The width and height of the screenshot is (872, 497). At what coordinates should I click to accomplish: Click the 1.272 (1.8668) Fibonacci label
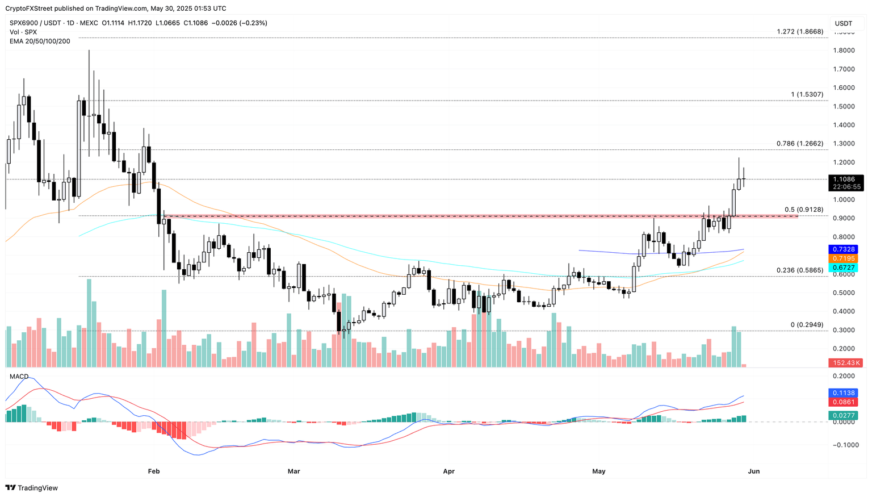tap(799, 32)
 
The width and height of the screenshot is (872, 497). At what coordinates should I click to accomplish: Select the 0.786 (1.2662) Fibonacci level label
tap(799, 144)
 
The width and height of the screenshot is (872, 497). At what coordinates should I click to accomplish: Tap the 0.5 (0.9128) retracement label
tap(803, 210)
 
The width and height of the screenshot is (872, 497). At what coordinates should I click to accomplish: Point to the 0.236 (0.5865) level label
tap(799, 270)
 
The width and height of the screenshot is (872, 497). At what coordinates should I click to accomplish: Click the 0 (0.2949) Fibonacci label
tap(806, 325)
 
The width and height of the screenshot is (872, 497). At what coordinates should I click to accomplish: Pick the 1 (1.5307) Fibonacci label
tap(807, 94)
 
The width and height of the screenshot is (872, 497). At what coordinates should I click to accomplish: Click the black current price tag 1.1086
tap(848, 179)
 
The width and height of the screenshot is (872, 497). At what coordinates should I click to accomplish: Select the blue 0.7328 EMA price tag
tap(844, 249)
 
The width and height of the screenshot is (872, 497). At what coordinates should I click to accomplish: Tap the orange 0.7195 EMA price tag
tap(844, 258)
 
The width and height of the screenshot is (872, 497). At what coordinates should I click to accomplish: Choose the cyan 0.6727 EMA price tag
tap(844, 268)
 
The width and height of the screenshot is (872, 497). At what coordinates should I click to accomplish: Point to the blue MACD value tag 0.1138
tap(844, 393)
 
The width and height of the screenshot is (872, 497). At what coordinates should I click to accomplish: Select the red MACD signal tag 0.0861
tap(844, 402)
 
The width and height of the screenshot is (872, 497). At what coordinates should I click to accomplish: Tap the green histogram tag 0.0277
tap(844, 416)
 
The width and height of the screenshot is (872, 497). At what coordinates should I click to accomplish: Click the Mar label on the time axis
tap(294, 471)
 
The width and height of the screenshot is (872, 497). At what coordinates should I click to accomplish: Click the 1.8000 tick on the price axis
tap(843, 51)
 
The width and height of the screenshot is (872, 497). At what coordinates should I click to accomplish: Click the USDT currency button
tap(844, 23)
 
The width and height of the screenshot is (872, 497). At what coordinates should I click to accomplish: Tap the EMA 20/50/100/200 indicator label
tap(40, 41)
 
